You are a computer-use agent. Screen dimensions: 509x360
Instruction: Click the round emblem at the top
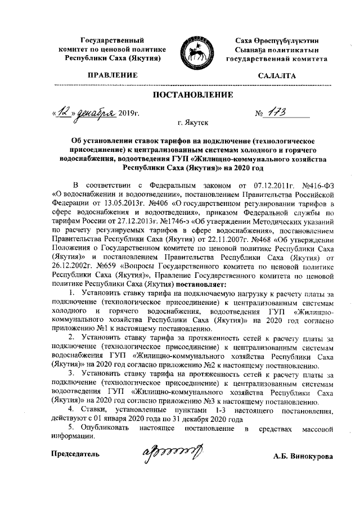point(191,49)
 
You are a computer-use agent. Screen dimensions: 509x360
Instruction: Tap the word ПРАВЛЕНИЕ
point(109,75)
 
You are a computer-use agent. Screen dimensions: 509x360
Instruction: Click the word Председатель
point(76,453)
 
